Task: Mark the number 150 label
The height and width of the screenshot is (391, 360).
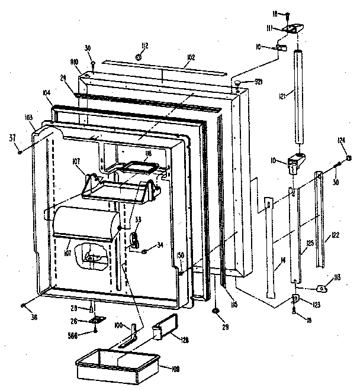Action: point(180,255)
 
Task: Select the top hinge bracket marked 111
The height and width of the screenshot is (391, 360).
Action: point(292,27)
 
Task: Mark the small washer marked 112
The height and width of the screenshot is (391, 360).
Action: point(137,57)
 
